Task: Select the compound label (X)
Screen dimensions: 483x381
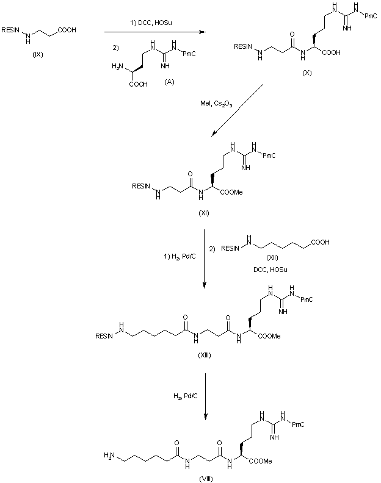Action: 307,73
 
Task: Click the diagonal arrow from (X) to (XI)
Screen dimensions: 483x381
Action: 238,110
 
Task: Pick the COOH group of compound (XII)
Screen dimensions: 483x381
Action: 319,242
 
